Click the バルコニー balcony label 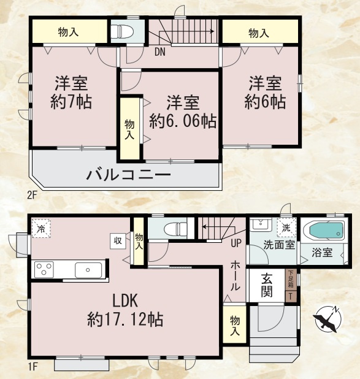(x=128, y=175)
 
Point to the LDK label (x=127, y=301)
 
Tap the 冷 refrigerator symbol (x=40, y=229)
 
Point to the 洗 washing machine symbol (x=286, y=228)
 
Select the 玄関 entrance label (x=266, y=285)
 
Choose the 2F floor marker (x=32, y=196)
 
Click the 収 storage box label (x=117, y=240)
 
